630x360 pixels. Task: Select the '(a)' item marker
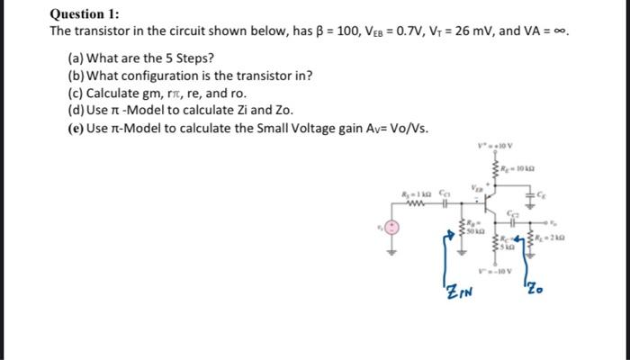[76, 58]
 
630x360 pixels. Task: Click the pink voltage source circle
[392, 226]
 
